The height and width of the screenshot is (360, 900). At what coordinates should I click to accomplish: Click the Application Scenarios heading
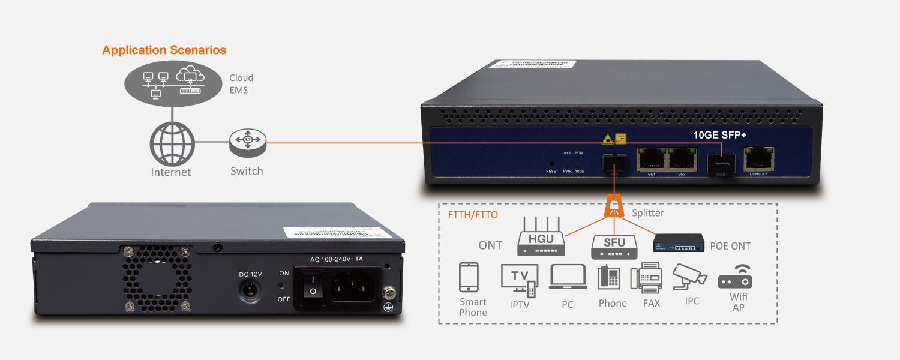[164, 50]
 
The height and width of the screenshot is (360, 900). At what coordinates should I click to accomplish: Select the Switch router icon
[247, 142]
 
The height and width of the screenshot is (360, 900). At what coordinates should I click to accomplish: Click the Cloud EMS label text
[241, 84]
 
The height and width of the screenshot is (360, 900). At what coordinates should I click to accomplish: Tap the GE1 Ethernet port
[650, 158]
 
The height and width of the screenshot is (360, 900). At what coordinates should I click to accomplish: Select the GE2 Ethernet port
[682, 158]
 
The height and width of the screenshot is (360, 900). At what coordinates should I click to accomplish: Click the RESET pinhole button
[552, 163]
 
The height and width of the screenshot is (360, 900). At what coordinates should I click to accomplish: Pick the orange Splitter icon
[613, 206]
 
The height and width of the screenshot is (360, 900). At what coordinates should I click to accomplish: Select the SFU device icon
[614, 245]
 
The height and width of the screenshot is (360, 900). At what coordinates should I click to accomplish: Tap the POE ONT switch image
[679, 244]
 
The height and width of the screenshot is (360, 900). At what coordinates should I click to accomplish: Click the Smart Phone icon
[469, 278]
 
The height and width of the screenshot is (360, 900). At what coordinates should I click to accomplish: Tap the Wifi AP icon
[735, 277]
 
